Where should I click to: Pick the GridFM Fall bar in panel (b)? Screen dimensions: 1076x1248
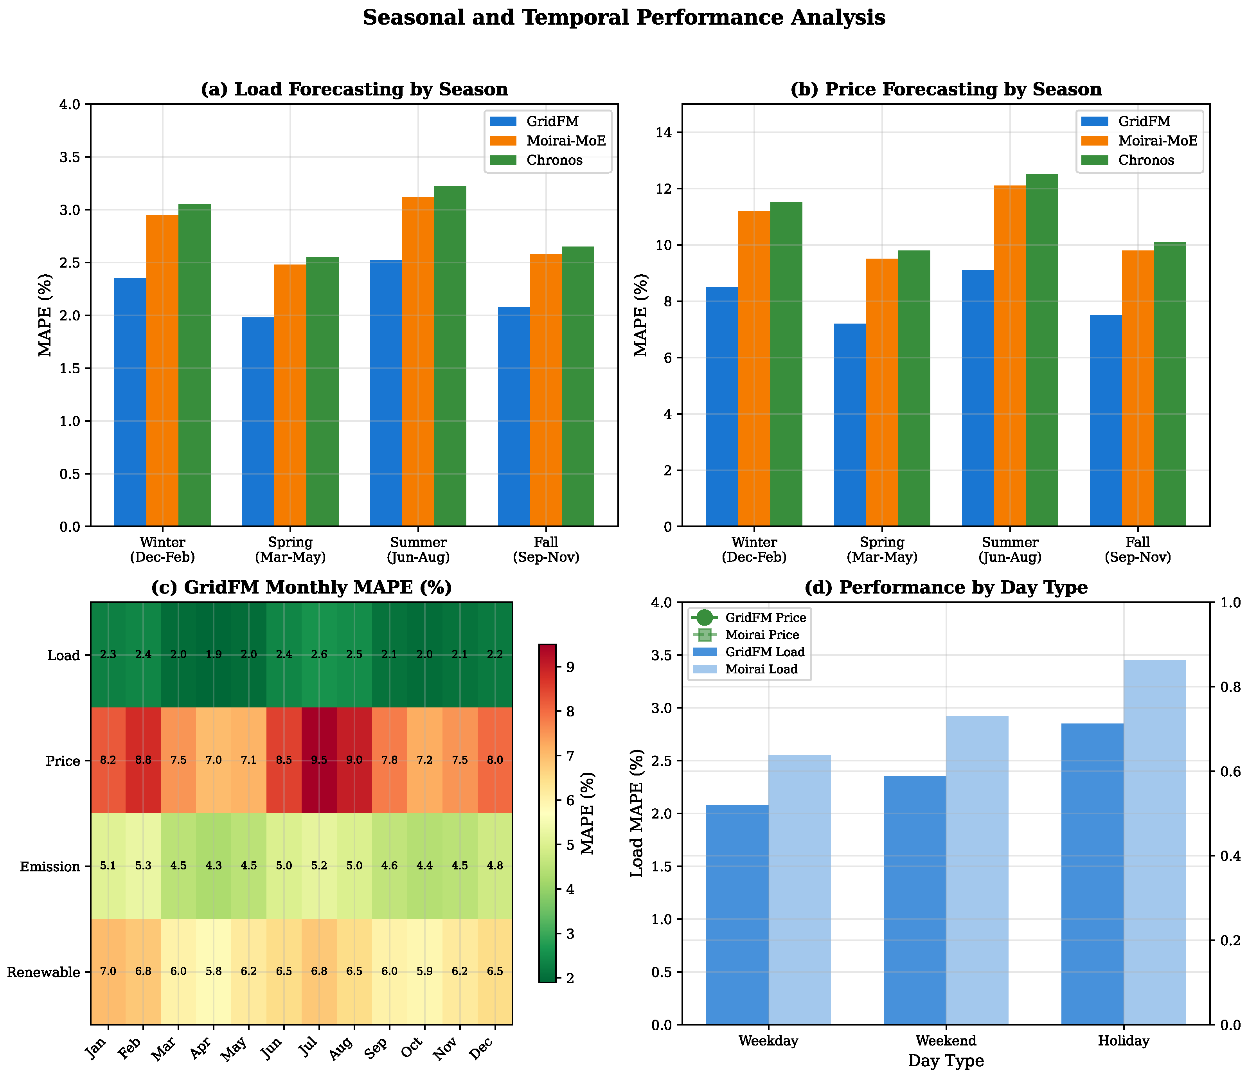[1106, 421]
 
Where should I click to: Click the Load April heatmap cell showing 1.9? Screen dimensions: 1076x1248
[213, 655]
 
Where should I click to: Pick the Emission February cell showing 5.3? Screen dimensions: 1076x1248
[143, 866]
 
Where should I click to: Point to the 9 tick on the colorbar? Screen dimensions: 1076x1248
[568, 667]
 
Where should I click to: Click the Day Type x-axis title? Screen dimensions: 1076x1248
[946, 1061]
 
